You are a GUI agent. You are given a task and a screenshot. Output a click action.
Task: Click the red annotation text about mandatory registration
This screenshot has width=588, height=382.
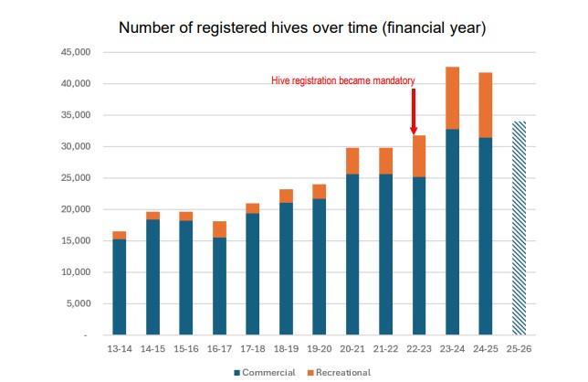[x=342, y=81]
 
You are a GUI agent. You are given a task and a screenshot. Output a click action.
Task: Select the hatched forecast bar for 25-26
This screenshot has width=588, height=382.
[x=520, y=228]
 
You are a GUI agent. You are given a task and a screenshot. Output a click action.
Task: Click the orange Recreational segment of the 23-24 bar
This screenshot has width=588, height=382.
[x=452, y=98]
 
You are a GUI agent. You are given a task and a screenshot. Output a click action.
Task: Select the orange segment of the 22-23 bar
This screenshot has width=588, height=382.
[x=419, y=156]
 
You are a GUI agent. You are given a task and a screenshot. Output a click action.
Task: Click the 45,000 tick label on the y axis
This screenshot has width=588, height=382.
[x=68, y=52]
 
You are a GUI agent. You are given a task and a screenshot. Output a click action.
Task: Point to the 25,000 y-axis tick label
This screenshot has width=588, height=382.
[x=68, y=178]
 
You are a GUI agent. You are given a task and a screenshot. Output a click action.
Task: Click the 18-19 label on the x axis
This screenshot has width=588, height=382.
[x=286, y=350]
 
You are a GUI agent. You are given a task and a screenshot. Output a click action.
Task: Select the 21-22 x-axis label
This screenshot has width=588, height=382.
[x=385, y=350]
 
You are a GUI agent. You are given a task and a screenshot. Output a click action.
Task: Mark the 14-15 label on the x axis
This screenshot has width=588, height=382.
[x=152, y=350]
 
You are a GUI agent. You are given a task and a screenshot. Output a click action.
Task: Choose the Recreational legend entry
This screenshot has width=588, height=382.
[x=340, y=372]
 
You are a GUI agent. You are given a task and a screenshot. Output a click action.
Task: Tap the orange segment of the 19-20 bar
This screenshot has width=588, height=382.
[x=319, y=191]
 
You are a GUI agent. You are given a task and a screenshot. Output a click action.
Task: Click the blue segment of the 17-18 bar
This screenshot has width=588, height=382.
[x=252, y=274]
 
